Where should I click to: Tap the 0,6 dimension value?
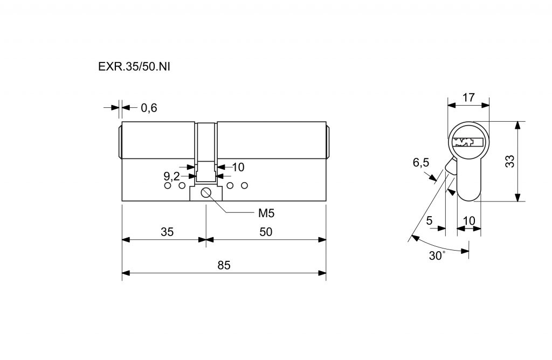[x=149, y=108]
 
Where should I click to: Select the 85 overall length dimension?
[x=224, y=265]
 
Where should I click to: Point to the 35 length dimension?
[x=167, y=232]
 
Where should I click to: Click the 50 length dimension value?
[x=266, y=232]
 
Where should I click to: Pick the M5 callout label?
[x=266, y=213]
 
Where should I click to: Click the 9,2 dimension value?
[x=171, y=176]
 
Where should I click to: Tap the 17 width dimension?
[x=468, y=98]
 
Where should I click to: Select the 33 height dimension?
[x=510, y=161]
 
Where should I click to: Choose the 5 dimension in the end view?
[x=429, y=220]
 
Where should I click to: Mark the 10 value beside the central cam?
[x=238, y=167]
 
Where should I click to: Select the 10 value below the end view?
[x=469, y=220]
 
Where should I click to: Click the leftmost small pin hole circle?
[x=167, y=186]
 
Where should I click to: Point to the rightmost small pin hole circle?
[x=244, y=186]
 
